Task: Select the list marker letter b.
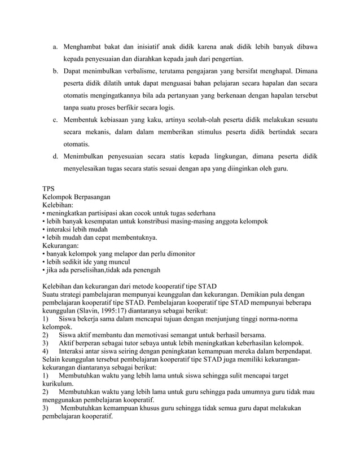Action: (56, 72)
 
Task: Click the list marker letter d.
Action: (56, 156)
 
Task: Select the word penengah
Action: (145, 270)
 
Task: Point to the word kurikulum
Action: (60, 384)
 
